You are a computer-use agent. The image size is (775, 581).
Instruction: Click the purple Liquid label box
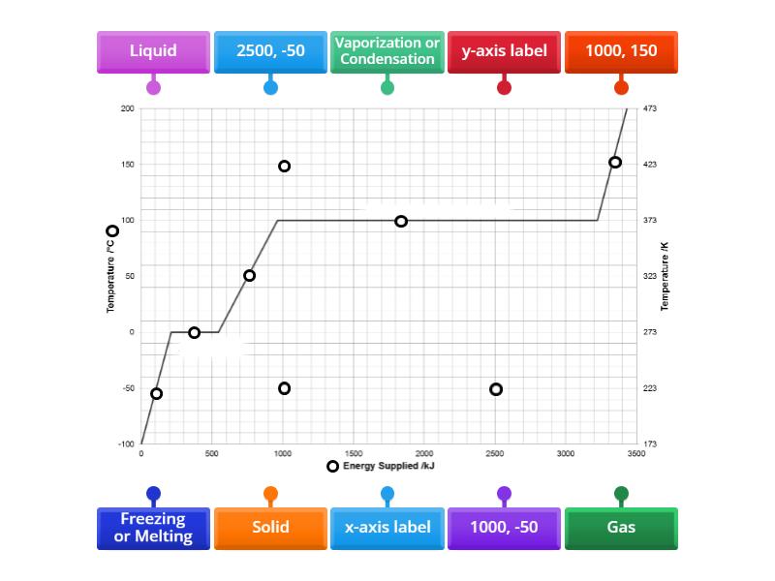(x=153, y=51)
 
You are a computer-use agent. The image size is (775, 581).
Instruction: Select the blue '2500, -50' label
(x=270, y=51)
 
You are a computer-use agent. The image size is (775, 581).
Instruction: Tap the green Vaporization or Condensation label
(x=387, y=51)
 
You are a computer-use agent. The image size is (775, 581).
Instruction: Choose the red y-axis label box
(x=504, y=51)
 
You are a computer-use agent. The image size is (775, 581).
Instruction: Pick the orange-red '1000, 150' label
(x=621, y=51)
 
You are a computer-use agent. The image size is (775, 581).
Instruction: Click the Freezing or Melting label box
(x=153, y=528)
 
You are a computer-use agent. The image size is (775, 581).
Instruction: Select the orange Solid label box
(x=270, y=528)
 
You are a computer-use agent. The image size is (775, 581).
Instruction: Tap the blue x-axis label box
(x=387, y=528)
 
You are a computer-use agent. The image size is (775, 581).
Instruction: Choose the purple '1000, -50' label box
(x=504, y=528)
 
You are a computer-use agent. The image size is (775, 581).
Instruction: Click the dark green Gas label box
(x=621, y=528)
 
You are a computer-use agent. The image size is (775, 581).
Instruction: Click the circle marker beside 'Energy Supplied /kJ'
(x=332, y=467)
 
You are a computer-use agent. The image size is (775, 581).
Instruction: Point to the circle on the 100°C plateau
(x=401, y=222)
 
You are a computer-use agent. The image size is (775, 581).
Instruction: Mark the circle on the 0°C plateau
(x=195, y=333)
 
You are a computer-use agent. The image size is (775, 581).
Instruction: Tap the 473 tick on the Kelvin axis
(x=650, y=108)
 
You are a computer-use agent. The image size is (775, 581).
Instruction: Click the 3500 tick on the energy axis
(x=635, y=453)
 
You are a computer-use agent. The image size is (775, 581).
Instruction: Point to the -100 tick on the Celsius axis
(x=127, y=444)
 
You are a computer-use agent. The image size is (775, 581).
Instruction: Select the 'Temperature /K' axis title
(x=665, y=277)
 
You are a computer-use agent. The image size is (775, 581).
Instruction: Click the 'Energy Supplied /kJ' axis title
(x=389, y=467)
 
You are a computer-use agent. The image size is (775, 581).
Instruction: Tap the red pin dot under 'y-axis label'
(x=504, y=88)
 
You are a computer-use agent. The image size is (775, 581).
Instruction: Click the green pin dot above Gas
(x=621, y=494)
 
